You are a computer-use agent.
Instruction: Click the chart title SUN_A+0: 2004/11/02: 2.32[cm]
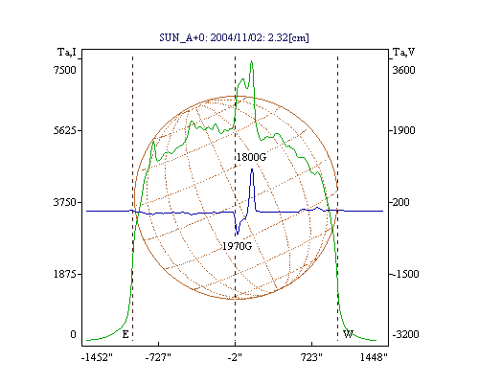click(234, 37)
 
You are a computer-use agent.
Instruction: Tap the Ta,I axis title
click(67, 52)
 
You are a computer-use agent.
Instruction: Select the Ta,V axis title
click(403, 52)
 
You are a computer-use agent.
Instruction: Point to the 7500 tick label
click(65, 70)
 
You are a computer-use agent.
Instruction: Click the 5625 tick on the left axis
click(65, 130)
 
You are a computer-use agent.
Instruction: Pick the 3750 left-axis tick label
click(65, 202)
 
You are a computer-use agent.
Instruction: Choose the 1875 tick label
click(65, 274)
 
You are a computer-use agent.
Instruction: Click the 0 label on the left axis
click(74, 334)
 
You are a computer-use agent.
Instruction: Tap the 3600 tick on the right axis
click(403, 70)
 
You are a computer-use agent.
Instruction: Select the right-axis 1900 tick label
click(403, 130)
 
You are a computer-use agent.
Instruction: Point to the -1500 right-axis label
click(405, 274)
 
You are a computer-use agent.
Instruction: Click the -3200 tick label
click(405, 334)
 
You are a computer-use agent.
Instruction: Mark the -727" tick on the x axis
click(158, 357)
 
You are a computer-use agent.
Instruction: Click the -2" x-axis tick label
click(235, 357)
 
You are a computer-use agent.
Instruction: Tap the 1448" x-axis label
click(374, 357)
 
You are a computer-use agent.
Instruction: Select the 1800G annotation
click(251, 157)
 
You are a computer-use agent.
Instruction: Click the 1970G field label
click(237, 246)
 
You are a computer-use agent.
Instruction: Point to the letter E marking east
click(125, 334)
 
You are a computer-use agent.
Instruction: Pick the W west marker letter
click(348, 334)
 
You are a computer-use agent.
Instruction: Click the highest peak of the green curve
click(252, 60)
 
